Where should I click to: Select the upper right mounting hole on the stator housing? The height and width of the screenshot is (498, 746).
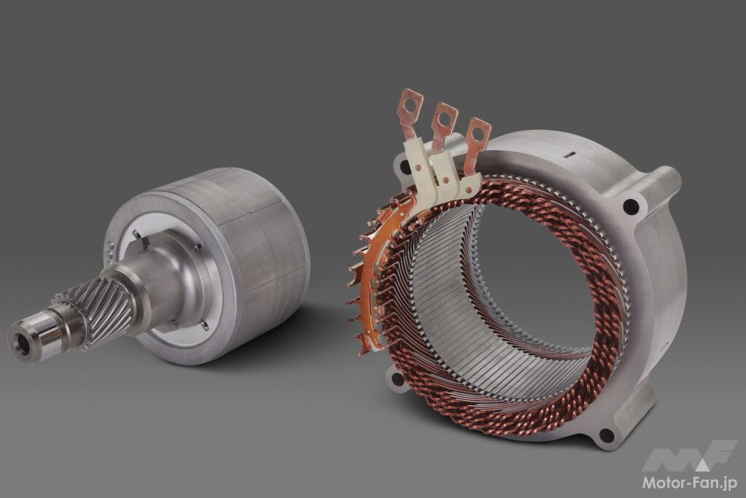pyautogui.click(x=630, y=206)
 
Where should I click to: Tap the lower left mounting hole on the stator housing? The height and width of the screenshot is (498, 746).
pyautogui.click(x=397, y=379)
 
